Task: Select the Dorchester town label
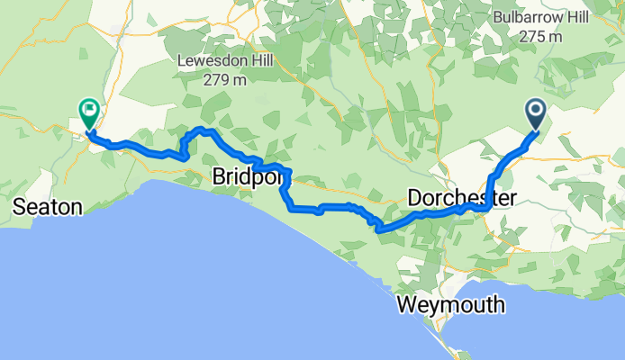point(461,197)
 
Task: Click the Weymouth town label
point(450,305)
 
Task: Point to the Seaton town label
point(48,208)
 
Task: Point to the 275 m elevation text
point(541,37)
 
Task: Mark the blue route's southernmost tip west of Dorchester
point(380,229)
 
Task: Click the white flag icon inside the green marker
point(89,111)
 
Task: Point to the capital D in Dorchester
point(415,197)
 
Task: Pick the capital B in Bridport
point(219,179)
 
